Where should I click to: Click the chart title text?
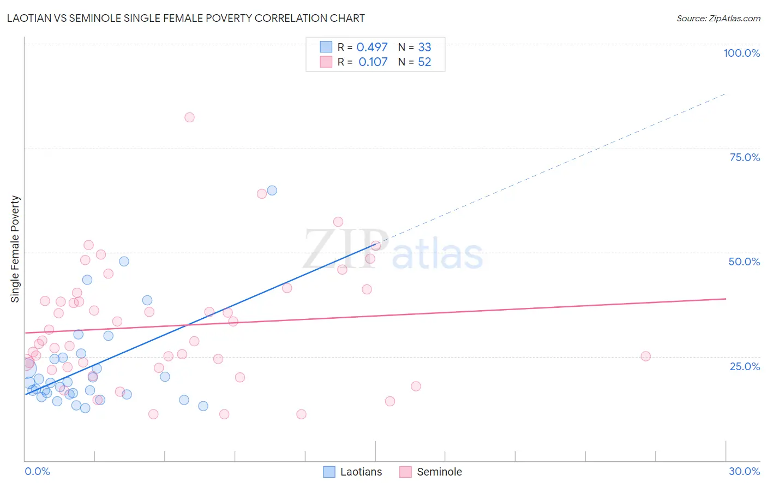[186, 18]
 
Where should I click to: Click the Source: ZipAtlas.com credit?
[718, 18]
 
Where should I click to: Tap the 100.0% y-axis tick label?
[741, 53]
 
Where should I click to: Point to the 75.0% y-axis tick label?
[745, 157]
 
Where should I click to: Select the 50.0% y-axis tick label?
[744, 262]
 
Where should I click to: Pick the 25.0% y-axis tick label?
[745, 366]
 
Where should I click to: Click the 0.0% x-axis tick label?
[37, 471]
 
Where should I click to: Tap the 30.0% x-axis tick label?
[744, 471]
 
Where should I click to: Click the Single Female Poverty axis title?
[15, 249]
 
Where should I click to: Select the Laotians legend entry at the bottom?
[353, 472]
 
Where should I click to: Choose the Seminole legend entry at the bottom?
[431, 472]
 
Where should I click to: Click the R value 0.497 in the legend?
[372, 47]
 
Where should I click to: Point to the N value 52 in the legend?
[424, 62]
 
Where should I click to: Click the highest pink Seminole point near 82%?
[189, 117]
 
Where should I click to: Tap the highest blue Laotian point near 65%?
[272, 191]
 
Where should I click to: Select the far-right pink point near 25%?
[645, 356]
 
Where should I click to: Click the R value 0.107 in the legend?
[373, 62]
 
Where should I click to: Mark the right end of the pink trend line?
[726, 299]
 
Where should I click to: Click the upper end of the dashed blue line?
[726, 94]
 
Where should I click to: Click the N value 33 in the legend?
[424, 47]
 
